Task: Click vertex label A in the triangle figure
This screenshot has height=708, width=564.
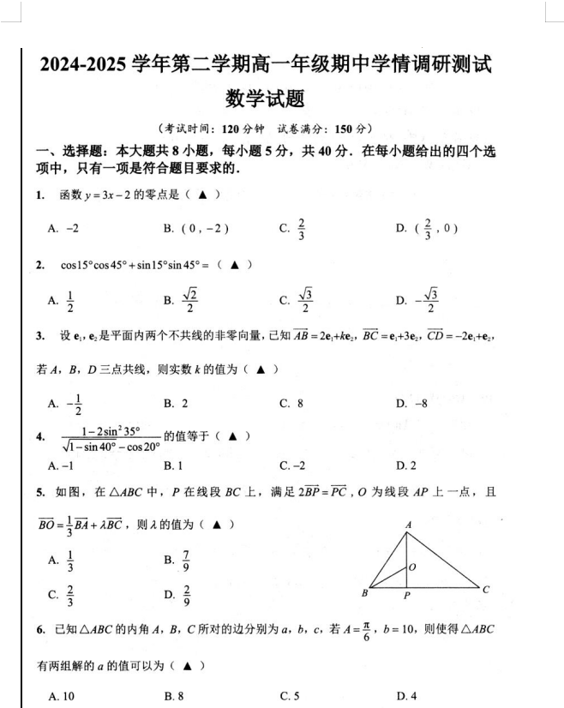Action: [409, 524]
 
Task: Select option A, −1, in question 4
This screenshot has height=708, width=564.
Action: [62, 465]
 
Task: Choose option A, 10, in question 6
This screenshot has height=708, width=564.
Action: [62, 695]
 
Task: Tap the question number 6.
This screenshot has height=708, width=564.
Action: [40, 630]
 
